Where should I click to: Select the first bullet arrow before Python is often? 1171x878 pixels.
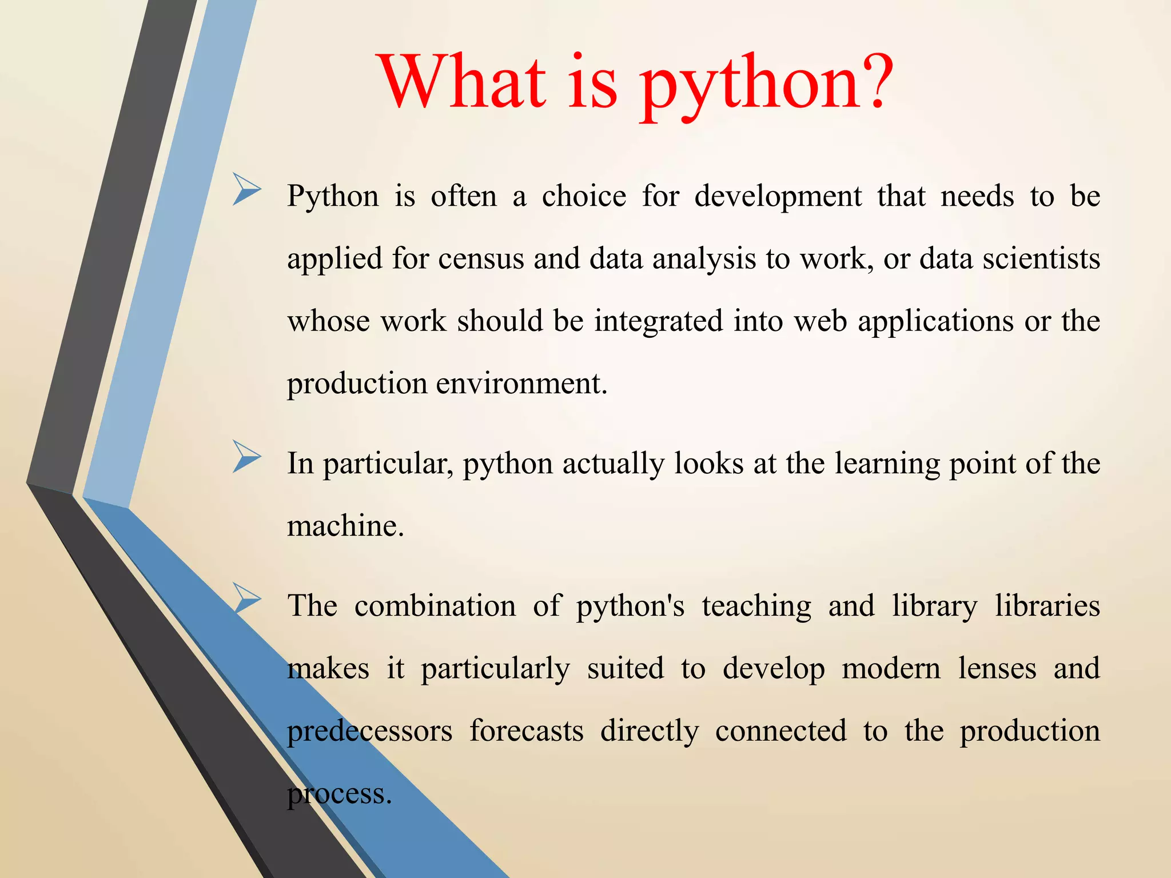[247, 190]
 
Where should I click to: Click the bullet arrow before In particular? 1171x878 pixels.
[247, 457]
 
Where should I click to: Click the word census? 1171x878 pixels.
[481, 258]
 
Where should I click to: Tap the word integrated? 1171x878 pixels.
[659, 321]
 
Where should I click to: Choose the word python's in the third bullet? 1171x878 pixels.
[630, 606]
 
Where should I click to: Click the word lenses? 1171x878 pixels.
[997, 668]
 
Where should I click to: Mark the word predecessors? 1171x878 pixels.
[369, 731]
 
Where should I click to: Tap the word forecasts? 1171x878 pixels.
[526, 731]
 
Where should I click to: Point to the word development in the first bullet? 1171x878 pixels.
[778, 197]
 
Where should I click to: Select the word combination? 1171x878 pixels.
[435, 606]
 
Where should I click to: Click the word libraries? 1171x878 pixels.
[1047, 606]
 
